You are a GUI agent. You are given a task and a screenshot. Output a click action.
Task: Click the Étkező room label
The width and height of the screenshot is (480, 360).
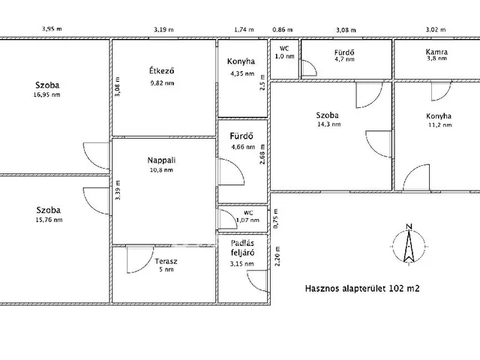[x=162, y=70]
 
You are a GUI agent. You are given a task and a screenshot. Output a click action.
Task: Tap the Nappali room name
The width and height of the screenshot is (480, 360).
[x=161, y=160]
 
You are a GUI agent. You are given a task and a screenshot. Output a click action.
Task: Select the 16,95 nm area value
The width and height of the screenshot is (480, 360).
[x=46, y=94]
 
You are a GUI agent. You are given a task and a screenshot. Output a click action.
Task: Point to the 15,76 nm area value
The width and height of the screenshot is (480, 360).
[x=49, y=220]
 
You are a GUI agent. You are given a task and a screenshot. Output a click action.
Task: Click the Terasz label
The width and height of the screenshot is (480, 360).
[x=166, y=262]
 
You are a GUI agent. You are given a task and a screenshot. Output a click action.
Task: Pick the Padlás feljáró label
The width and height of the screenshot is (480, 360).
[x=242, y=248]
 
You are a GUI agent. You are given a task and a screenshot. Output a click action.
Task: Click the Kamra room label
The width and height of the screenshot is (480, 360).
[x=436, y=52]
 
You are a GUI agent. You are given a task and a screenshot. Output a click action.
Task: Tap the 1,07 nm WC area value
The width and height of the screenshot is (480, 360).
[x=247, y=220]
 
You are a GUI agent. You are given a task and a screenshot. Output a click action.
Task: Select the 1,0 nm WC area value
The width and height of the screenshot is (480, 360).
[x=285, y=56]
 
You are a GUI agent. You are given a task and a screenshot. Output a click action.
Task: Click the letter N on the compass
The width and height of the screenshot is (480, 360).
[x=409, y=226]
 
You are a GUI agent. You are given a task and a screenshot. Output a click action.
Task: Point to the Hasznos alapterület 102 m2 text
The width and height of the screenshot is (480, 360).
[x=362, y=288]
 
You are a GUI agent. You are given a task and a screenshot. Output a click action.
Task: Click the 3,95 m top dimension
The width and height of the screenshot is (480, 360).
[x=52, y=29]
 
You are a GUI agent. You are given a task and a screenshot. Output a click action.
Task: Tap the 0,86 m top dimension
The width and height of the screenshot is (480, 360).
[x=283, y=30]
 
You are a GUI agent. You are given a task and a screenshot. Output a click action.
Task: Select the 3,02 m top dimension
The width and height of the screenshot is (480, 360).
[x=436, y=30]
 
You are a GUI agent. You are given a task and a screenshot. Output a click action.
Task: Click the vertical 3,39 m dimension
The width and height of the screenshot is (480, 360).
[x=118, y=190]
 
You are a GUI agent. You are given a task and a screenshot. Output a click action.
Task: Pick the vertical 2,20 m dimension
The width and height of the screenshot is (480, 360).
[x=277, y=256]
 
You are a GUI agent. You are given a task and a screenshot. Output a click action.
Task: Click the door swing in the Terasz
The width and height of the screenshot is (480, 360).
[x=140, y=259]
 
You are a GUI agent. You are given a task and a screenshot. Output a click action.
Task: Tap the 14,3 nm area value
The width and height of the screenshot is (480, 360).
[x=329, y=124]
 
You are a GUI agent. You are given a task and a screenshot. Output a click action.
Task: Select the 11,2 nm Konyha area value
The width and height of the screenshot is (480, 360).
[x=440, y=125]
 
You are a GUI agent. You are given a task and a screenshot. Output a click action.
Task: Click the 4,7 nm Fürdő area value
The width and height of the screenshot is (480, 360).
[x=345, y=58]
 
